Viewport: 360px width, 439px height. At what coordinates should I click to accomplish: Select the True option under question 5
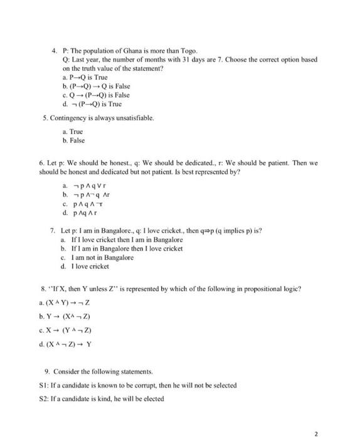point(74,132)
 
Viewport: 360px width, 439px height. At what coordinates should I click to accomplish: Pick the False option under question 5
point(75,141)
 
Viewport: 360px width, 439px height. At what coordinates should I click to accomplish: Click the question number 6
point(41,162)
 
